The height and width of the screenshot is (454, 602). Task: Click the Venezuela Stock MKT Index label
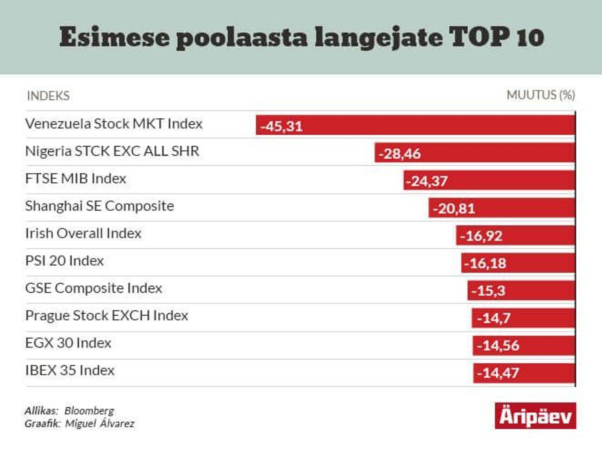pos(114,124)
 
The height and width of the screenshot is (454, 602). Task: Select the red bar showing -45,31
pos(415,125)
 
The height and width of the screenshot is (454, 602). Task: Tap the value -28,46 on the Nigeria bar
pos(400,154)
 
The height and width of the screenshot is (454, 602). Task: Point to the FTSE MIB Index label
pos(76,179)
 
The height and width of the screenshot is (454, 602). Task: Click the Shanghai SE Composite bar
pos(502,208)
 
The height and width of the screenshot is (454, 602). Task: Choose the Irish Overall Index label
pos(83,233)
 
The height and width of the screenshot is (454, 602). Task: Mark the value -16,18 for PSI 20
pos(485,263)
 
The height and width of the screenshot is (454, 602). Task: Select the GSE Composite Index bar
pos(521,290)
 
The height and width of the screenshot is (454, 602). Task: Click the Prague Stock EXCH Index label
pos(107,316)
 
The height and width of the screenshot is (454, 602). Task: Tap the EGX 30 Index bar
pos(524,345)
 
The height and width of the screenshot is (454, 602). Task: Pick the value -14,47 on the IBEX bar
pos(498,373)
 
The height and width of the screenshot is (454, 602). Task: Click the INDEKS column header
pos(48,96)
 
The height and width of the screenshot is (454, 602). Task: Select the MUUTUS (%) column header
pos(541,95)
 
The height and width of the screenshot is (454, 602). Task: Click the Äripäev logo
pos(535,416)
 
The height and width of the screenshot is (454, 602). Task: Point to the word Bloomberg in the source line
pos(89,411)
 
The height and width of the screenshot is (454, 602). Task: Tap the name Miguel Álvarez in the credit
pos(100,424)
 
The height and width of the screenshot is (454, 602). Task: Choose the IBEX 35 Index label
pos(70,370)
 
